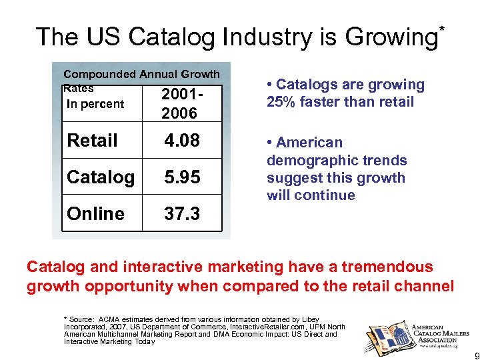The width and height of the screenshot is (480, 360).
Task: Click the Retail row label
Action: point(93,141)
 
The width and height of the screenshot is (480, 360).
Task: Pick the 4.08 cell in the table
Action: point(181,141)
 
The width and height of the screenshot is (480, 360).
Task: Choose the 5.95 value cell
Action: point(181,177)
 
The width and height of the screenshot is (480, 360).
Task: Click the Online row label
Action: point(95,213)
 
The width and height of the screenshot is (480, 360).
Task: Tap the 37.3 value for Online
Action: point(181,213)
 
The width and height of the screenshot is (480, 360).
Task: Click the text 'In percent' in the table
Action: point(95,104)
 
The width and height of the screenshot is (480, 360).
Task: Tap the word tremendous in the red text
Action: point(382,267)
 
